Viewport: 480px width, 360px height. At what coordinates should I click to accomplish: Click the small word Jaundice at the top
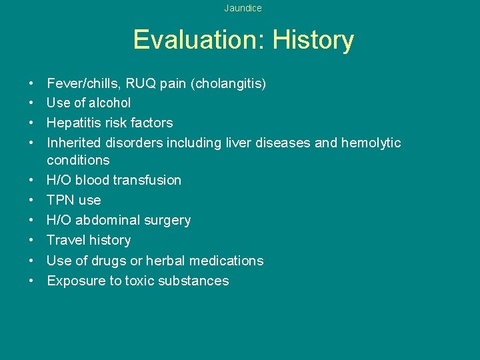(x=243, y=8)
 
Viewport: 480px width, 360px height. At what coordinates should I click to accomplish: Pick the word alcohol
(x=109, y=103)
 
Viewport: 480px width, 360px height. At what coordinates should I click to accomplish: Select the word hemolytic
(x=371, y=143)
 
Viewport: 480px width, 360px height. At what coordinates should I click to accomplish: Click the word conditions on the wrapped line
(x=78, y=160)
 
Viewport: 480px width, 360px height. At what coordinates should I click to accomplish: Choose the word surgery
(x=167, y=220)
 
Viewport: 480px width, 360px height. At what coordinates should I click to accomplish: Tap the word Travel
(x=65, y=240)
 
